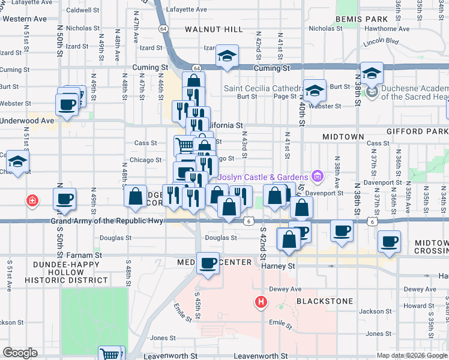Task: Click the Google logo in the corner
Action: (20, 353)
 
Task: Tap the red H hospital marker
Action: (261, 302)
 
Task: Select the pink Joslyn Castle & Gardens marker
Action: (318, 176)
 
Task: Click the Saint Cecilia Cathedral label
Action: (261, 88)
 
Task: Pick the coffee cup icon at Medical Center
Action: (209, 263)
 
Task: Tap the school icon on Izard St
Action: (227, 56)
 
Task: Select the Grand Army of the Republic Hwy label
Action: (107, 221)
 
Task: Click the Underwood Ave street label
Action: (28, 120)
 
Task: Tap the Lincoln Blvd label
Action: (381, 41)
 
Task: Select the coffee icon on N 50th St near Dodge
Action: (65, 199)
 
